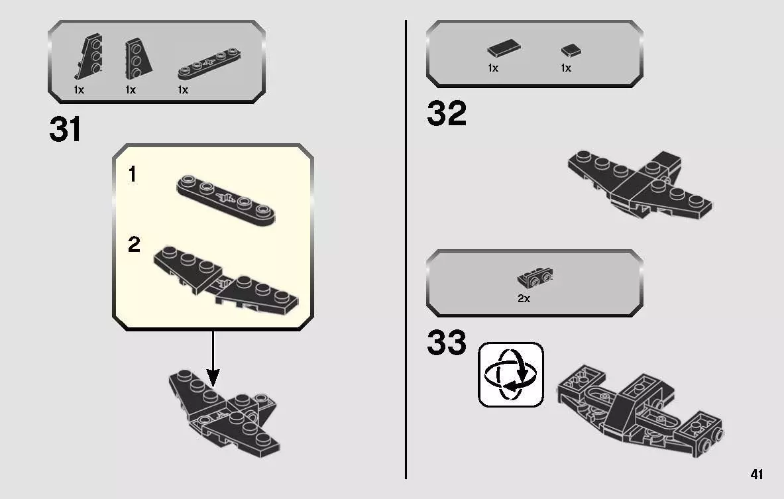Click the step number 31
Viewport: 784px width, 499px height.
tap(65, 130)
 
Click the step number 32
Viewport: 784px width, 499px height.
tap(446, 114)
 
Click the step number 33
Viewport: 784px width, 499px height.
tap(446, 343)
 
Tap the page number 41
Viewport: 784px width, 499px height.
tap(756, 474)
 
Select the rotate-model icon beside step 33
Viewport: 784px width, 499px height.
tap(510, 374)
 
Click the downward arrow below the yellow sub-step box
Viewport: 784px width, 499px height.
tap(213, 359)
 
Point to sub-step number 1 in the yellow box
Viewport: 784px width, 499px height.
tap(133, 175)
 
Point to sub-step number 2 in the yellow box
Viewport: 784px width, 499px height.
tap(134, 245)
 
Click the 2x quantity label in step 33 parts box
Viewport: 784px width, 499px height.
tap(524, 299)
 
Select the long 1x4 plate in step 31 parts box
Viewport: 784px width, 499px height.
tap(209, 64)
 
